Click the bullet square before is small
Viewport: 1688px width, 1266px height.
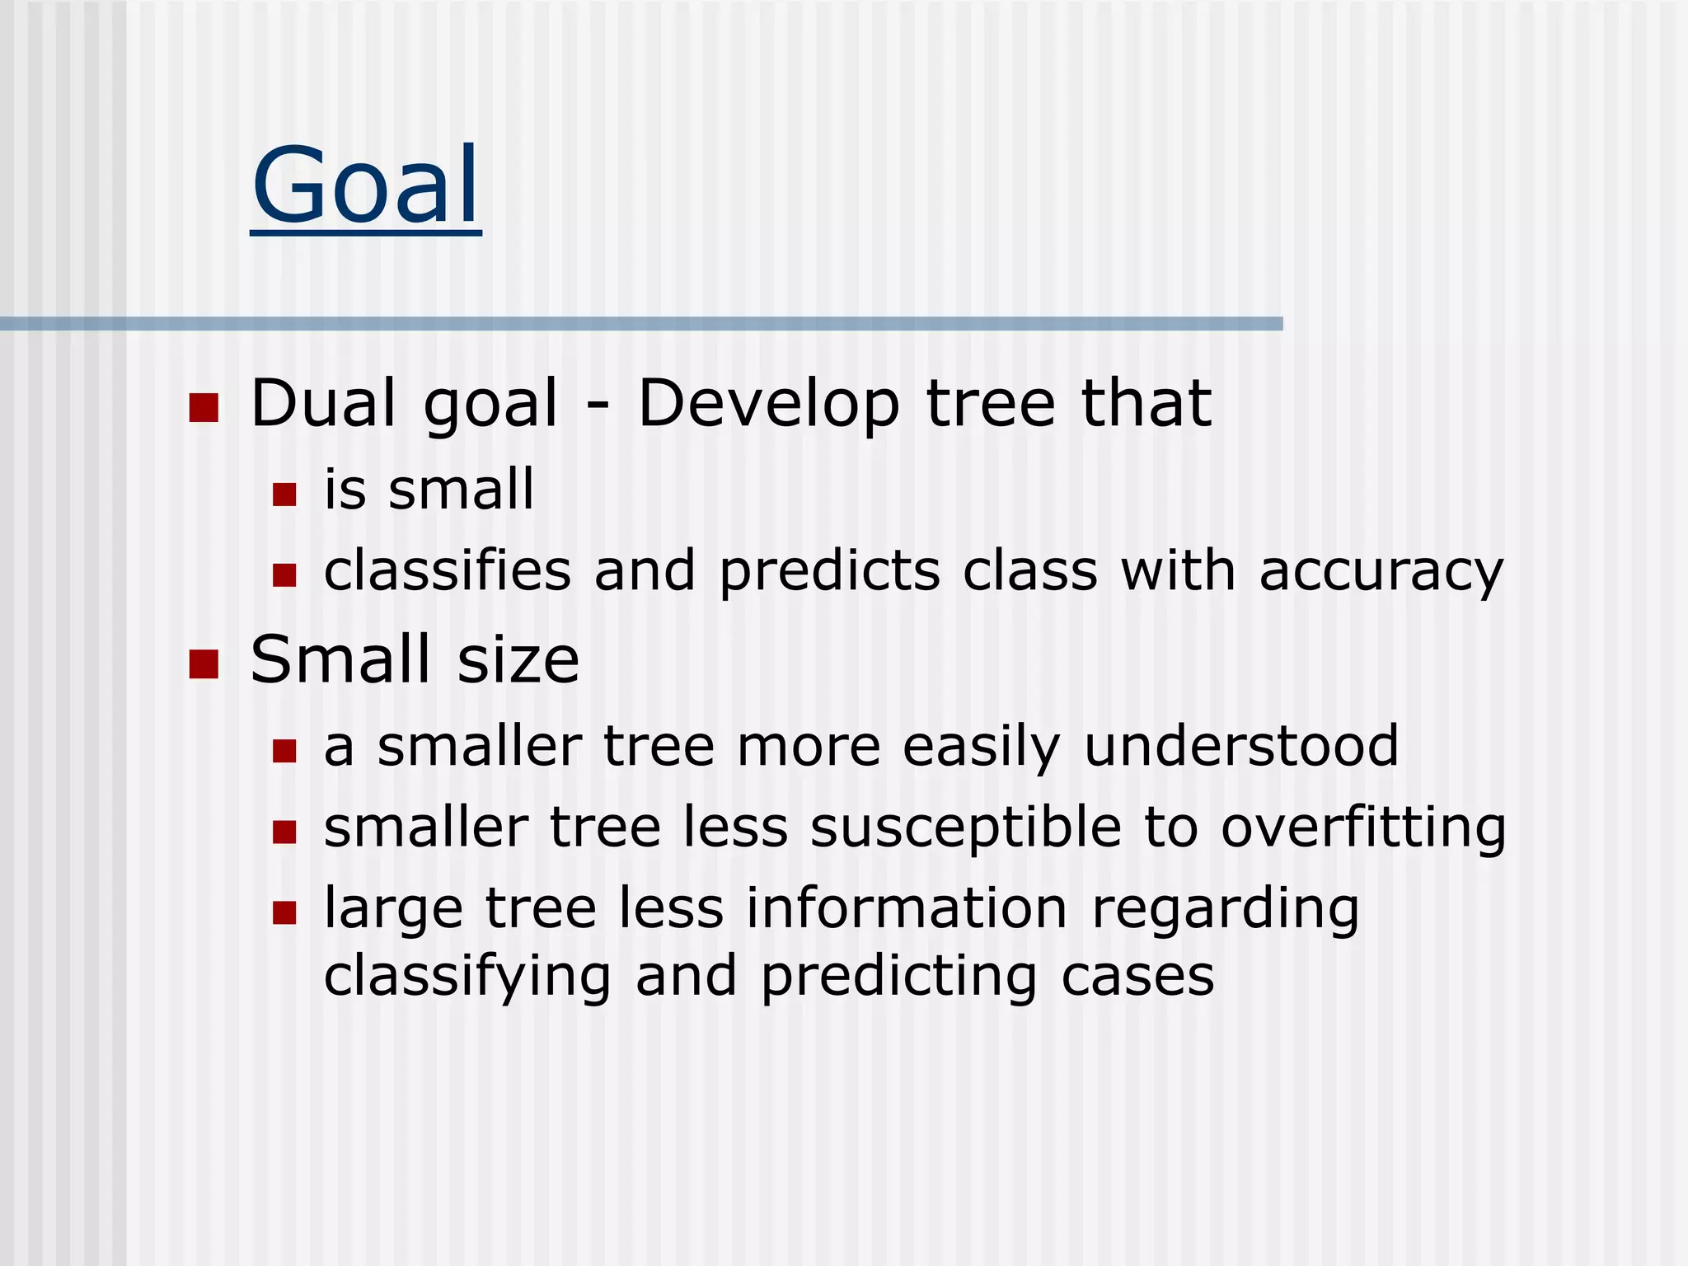click(x=284, y=495)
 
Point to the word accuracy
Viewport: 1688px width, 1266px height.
click(x=1381, y=571)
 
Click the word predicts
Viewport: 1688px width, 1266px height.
click(x=829, y=571)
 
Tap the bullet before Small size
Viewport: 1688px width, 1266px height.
click(x=204, y=664)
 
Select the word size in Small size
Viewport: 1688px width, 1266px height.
click(x=518, y=660)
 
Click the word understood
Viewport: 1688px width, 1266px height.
click(x=1241, y=746)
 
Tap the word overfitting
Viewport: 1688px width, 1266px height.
click(x=1363, y=828)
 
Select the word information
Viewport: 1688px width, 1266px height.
click(x=907, y=908)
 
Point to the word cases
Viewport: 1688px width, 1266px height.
click(x=1137, y=977)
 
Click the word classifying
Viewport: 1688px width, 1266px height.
click(x=467, y=977)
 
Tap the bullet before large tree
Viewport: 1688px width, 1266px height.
click(x=284, y=913)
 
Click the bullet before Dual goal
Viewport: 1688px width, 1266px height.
click(x=204, y=407)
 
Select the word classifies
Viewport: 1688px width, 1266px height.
click(x=448, y=570)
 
